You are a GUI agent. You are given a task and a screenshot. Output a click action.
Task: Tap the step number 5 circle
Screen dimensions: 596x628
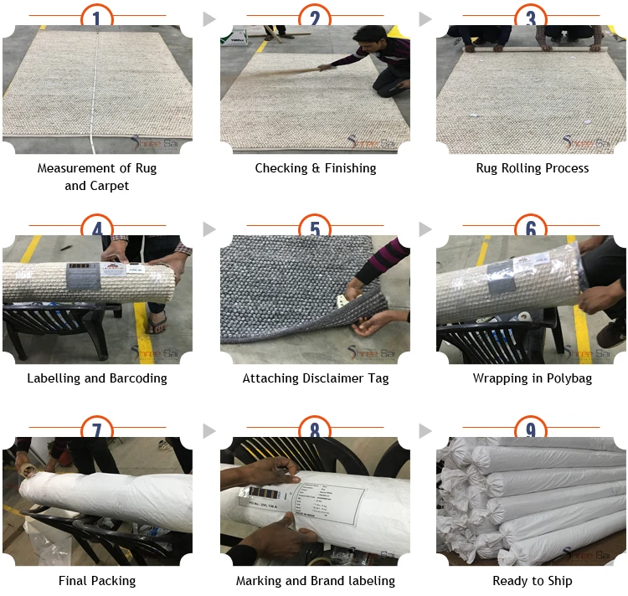pos(315,229)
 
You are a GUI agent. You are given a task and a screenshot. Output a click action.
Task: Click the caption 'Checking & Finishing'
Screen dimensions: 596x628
pos(315,168)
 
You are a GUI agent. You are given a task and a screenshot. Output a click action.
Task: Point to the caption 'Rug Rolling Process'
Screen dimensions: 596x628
pos(532,168)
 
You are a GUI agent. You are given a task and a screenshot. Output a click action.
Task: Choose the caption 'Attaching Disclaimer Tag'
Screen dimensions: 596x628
pos(315,378)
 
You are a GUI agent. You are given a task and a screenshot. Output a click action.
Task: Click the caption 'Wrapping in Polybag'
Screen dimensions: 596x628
pos(532,378)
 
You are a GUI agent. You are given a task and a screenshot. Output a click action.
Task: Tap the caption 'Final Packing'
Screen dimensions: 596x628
pos(97,580)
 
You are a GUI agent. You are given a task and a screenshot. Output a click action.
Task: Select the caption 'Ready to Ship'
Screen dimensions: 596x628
pos(532,580)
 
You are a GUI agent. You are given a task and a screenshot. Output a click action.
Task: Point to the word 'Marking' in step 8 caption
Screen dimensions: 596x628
pos(260,580)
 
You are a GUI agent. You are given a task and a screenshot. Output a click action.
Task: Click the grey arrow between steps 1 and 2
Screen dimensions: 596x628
pos(209,18)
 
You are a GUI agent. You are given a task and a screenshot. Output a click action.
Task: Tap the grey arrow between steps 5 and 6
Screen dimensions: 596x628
pos(425,229)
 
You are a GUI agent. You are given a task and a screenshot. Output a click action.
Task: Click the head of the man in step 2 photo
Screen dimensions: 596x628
pos(367,39)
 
